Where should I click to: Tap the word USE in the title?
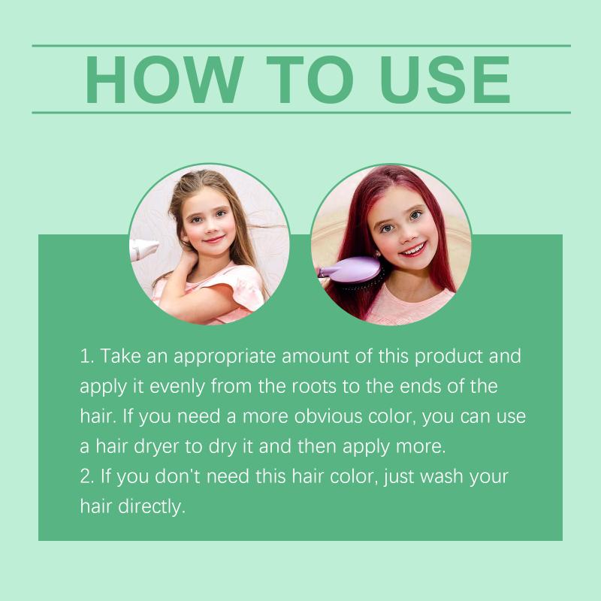tap(445, 80)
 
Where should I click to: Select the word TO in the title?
tap(310, 80)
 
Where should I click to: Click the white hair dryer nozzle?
tap(143, 250)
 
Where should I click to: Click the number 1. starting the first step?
tap(86, 356)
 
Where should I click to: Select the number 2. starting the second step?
tap(87, 476)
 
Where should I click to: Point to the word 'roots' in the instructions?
tap(314, 387)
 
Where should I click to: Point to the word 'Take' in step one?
tap(120, 356)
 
